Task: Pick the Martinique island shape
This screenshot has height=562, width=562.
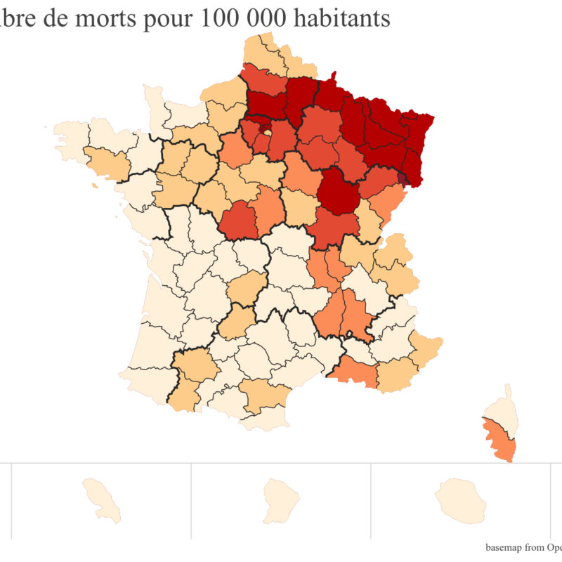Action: click(x=99, y=499)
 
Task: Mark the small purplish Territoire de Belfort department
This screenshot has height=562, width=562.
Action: click(x=402, y=178)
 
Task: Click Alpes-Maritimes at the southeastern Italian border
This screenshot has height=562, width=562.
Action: click(x=426, y=346)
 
